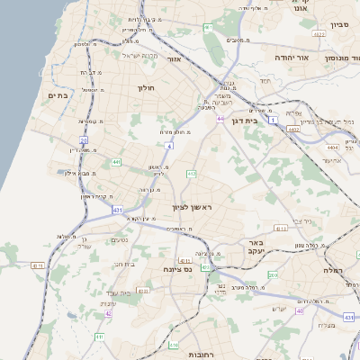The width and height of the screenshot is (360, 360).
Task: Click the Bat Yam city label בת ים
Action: (x=58, y=95)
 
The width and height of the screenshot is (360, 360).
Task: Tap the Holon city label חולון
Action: (x=147, y=88)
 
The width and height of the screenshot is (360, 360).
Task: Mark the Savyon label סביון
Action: (x=338, y=25)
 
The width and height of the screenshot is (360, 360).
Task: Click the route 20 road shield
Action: (x=84, y=140)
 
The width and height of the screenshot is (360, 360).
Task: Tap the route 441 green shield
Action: (x=116, y=162)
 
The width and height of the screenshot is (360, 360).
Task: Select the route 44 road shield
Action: (x=220, y=118)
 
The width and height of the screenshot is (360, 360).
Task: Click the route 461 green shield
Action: (x=209, y=27)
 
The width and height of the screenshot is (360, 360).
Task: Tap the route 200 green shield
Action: (x=273, y=274)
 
